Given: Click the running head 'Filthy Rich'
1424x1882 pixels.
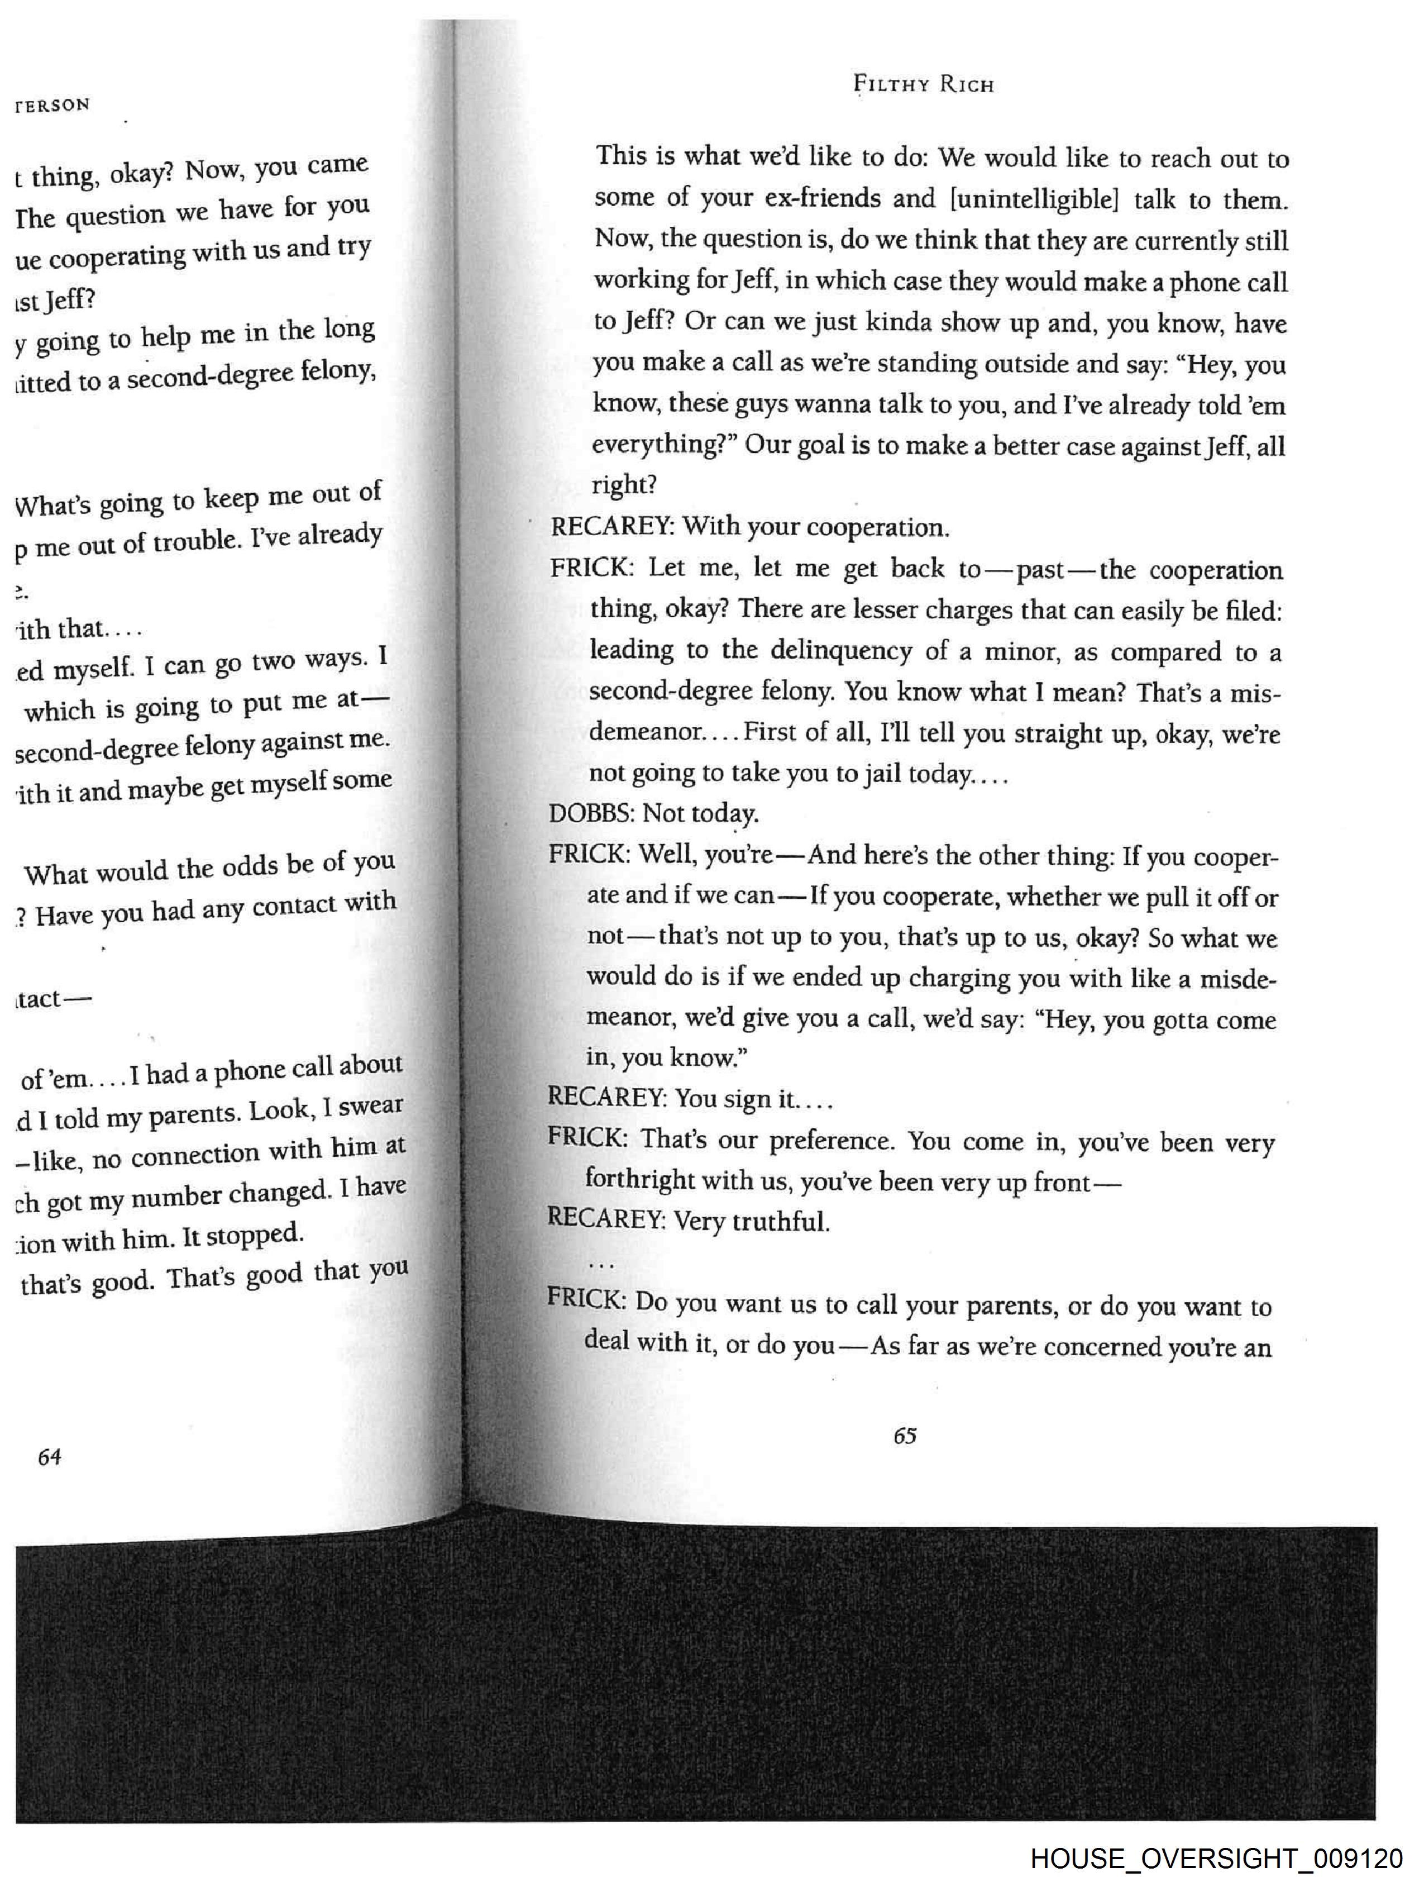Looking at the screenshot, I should click(923, 84).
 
